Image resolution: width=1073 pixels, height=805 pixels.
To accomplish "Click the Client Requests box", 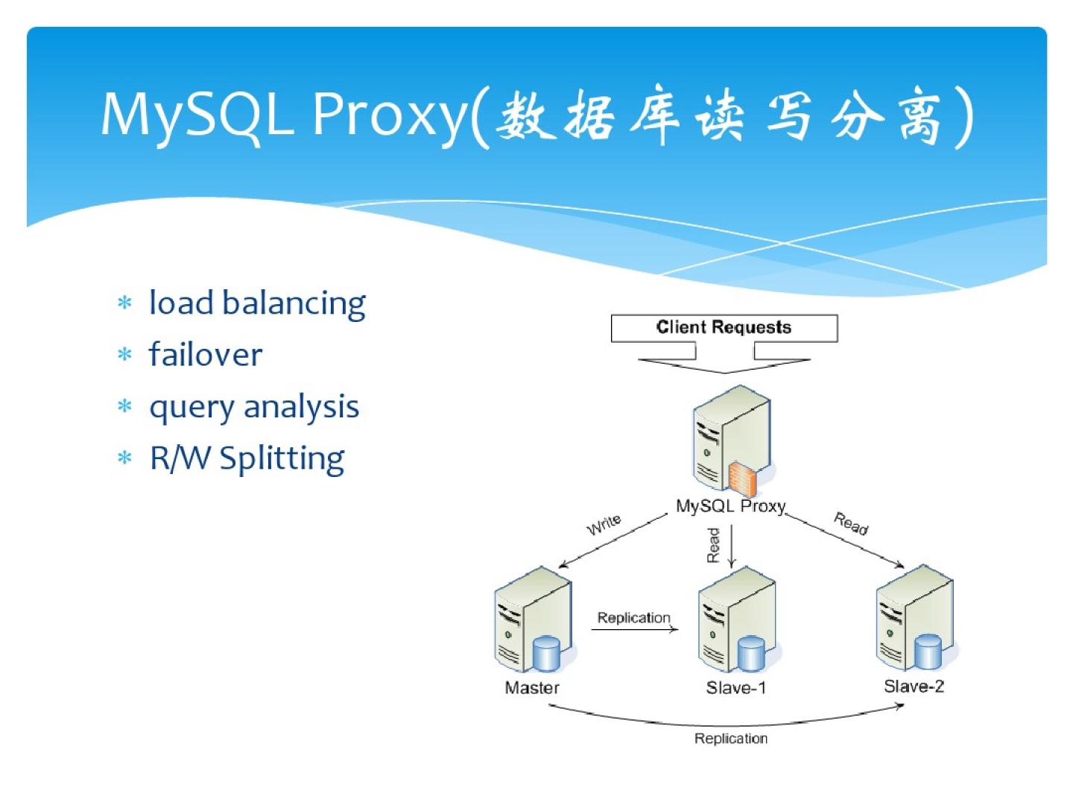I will tap(724, 328).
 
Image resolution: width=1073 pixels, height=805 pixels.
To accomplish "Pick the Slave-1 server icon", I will tap(736, 620).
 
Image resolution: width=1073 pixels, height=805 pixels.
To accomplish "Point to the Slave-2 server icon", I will tap(914, 619).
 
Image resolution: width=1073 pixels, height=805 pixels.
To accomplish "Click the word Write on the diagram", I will tap(604, 524).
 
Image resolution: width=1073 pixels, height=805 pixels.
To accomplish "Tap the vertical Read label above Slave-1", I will tap(714, 545).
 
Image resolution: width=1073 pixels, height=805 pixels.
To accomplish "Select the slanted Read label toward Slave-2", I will tap(851, 523).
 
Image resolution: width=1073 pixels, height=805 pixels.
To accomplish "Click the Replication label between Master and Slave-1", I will tap(633, 618).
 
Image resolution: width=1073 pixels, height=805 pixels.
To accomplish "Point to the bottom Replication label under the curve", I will tap(730, 739).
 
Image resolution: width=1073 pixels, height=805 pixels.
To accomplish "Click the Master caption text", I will tap(532, 687).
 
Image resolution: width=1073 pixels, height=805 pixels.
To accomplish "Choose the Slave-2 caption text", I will tap(914, 686).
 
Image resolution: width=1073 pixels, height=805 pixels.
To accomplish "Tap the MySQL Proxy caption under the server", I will tap(730, 506).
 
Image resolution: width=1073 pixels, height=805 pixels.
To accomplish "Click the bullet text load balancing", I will tap(257, 303).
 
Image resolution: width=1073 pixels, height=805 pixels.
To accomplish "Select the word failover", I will tap(206, 355).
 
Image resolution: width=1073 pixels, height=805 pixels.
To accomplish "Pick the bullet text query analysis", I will tap(254, 407).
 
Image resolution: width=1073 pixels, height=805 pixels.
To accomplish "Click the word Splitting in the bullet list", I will tap(282, 458).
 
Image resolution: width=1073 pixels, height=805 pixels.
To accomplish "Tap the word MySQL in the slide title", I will tap(197, 114).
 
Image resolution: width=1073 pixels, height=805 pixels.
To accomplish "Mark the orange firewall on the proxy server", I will tap(742, 479).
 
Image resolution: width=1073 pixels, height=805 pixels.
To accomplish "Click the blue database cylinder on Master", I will tap(546, 654).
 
